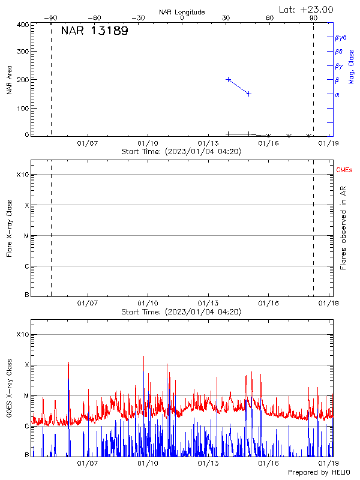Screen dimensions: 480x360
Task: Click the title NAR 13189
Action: tap(94, 31)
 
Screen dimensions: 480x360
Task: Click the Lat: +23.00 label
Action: tap(307, 10)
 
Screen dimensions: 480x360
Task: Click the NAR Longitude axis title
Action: tap(182, 12)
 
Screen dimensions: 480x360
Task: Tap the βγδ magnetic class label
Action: tap(340, 37)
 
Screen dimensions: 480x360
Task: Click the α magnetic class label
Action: tap(337, 94)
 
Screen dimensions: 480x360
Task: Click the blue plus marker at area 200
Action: tap(229, 79)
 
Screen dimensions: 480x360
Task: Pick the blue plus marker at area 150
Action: tap(248, 94)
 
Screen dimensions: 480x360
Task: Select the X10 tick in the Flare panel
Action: tap(22, 175)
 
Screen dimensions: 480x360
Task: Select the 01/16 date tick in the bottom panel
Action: tap(268, 463)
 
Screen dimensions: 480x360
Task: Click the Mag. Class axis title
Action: tap(352, 67)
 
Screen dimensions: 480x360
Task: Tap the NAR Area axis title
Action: tap(9, 80)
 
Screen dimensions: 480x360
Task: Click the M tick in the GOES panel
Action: tap(26, 396)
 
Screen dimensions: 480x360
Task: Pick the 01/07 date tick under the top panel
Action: tap(88, 143)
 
